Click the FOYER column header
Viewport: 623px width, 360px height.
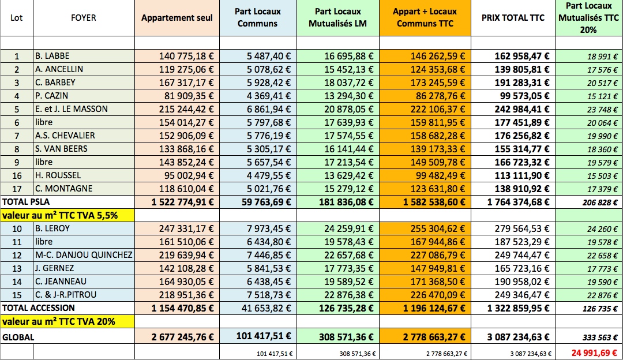click(84, 18)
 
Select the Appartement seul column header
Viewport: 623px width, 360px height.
click(177, 18)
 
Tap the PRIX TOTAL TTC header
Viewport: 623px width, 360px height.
click(513, 18)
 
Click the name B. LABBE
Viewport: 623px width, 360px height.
click(51, 56)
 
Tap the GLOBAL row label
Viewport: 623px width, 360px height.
click(18, 337)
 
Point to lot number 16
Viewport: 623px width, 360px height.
click(17, 175)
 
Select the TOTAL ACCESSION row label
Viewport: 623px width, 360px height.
click(38, 308)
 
